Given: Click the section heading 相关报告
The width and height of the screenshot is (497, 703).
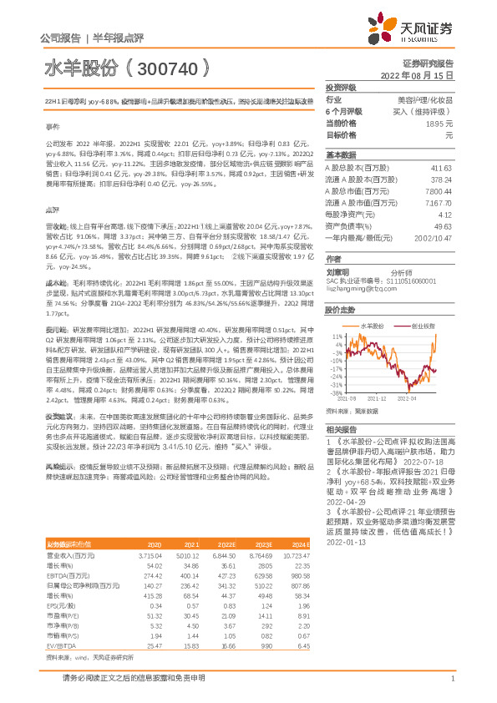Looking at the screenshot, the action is click(x=340, y=427).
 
